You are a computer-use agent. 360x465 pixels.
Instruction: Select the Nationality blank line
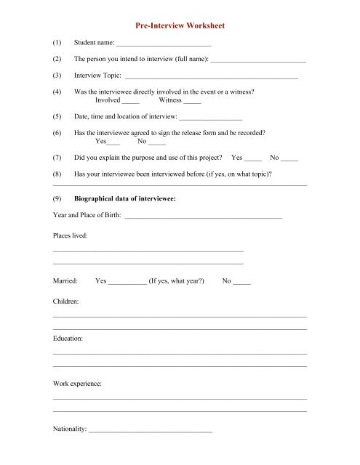pyautogui.click(x=150, y=431)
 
